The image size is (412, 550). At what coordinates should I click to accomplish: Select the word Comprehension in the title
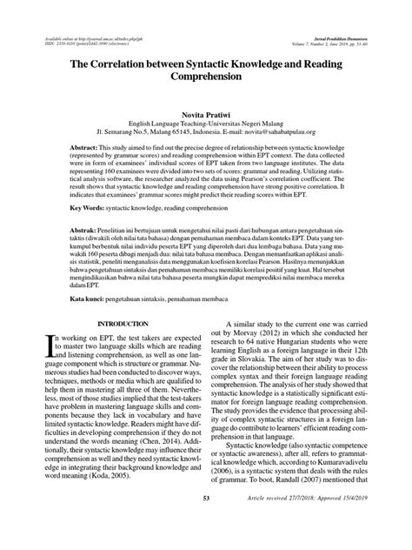[x=206, y=77]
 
